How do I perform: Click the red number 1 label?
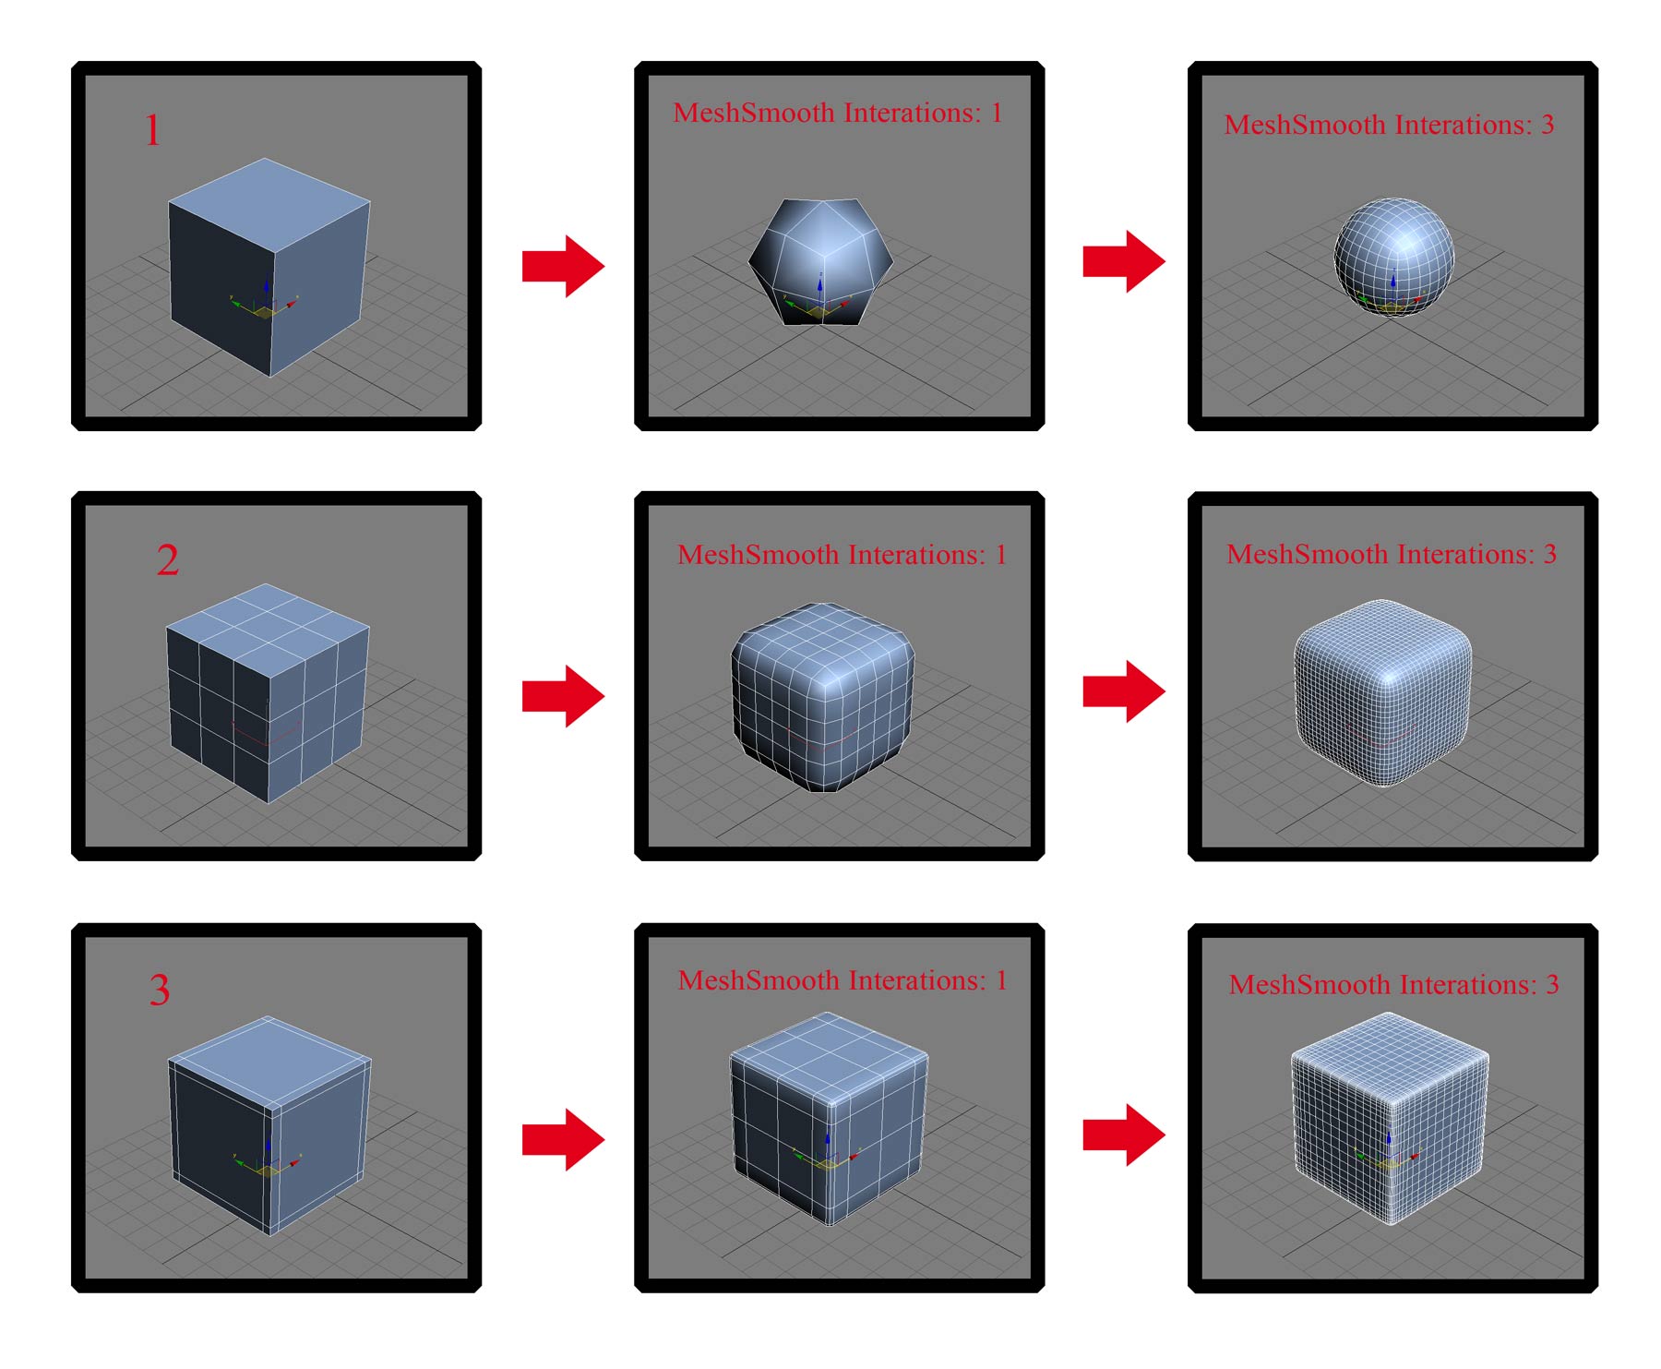click(x=153, y=130)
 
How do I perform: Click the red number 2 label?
click(x=168, y=559)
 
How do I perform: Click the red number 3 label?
click(x=160, y=990)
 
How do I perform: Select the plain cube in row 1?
click(x=269, y=268)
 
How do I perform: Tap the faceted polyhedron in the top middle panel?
click(x=820, y=261)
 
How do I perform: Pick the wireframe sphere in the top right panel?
click(x=1393, y=256)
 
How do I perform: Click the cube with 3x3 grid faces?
click(x=268, y=692)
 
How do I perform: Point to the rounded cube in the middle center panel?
click(x=822, y=698)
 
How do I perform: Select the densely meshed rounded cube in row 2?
click(x=1382, y=692)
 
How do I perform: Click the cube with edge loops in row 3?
click(x=269, y=1125)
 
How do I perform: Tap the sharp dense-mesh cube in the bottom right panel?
click(x=1390, y=1118)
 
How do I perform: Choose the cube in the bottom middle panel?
click(x=829, y=1119)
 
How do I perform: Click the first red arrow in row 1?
click(x=563, y=266)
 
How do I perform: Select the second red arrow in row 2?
click(x=1124, y=691)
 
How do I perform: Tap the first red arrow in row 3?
click(x=563, y=1140)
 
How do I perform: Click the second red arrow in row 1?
click(x=1124, y=262)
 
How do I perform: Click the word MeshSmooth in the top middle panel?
click(x=754, y=113)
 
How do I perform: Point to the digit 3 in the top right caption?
click(x=1547, y=124)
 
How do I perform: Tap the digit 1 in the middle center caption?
click(x=1000, y=554)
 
